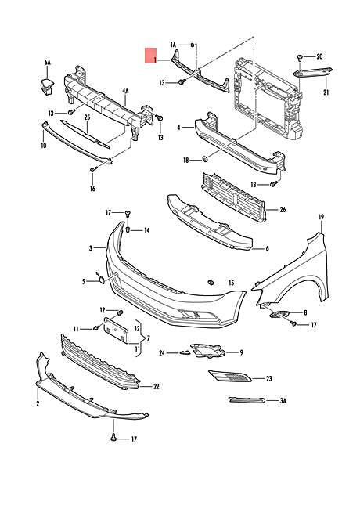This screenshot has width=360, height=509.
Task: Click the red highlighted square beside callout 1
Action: click(x=151, y=57)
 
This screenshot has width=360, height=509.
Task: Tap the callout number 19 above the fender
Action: click(x=321, y=217)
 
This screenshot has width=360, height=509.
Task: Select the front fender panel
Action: click(x=292, y=269)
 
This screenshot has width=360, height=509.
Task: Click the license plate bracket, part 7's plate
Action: click(x=116, y=330)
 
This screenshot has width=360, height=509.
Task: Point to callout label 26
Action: click(x=283, y=210)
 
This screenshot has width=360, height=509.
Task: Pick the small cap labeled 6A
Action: click(x=47, y=86)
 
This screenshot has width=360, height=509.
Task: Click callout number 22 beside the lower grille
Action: click(x=156, y=387)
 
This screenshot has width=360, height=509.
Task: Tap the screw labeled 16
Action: click(x=94, y=169)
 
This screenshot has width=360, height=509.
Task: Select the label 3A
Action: click(x=283, y=401)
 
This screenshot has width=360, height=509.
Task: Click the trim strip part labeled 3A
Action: click(x=247, y=401)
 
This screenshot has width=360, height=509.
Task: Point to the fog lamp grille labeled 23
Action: click(x=229, y=377)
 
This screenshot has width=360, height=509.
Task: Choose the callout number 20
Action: click(x=319, y=57)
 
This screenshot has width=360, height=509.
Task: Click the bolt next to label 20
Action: click(x=299, y=59)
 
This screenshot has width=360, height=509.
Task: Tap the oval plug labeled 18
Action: click(x=205, y=159)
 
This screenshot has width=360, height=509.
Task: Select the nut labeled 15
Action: click(x=211, y=282)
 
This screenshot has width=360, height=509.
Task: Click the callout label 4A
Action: click(x=125, y=92)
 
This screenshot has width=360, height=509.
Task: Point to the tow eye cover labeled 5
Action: click(x=101, y=280)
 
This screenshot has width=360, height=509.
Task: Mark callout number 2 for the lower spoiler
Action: click(x=38, y=403)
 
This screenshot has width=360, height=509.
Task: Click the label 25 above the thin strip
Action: click(x=87, y=117)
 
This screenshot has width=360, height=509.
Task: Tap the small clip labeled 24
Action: click(x=184, y=352)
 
